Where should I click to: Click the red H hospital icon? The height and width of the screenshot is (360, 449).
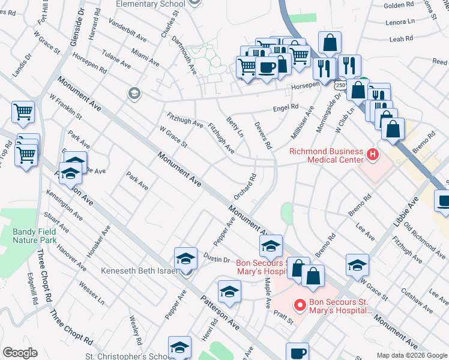373,155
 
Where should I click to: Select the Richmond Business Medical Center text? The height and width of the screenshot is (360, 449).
327,155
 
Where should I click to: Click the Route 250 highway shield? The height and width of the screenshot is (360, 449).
340,86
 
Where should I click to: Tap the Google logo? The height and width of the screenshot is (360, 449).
20,352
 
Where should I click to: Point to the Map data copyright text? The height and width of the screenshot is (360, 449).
412,355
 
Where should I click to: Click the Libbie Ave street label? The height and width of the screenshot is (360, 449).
405,221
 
